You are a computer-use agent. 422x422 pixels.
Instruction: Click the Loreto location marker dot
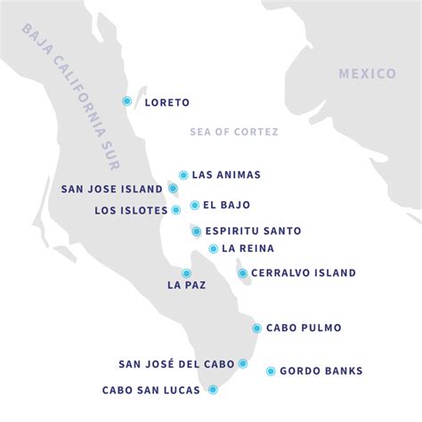click(x=127, y=101)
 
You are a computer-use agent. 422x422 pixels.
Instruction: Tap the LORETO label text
click(x=166, y=102)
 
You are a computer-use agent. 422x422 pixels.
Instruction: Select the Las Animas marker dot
click(x=183, y=175)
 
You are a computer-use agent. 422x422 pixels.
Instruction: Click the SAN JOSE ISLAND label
click(x=112, y=189)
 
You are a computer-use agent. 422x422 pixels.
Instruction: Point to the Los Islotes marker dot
click(x=176, y=210)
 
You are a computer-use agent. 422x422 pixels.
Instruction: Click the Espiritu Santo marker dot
click(x=196, y=231)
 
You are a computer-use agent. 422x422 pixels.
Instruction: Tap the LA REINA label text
click(x=248, y=248)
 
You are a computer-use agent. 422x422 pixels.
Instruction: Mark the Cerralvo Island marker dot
click(x=242, y=273)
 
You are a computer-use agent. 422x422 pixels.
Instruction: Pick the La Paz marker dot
click(x=186, y=273)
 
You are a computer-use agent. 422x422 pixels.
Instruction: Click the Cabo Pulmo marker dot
click(x=256, y=328)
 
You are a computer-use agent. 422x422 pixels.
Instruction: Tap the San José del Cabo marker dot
click(x=242, y=363)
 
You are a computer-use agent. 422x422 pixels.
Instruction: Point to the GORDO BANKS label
click(x=321, y=371)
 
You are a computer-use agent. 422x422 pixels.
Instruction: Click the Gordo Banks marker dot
click(x=271, y=371)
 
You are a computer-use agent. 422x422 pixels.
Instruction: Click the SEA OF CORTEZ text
click(x=234, y=132)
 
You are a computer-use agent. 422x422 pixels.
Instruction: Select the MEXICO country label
click(x=367, y=74)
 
